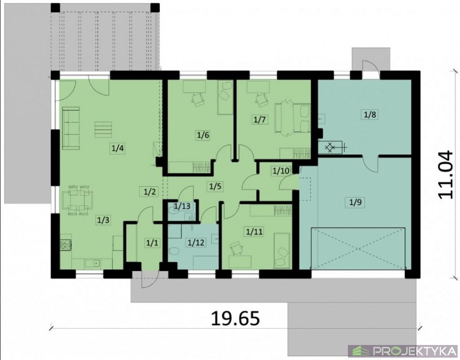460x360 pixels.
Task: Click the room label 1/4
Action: (117, 148)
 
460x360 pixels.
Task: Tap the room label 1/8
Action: (370, 114)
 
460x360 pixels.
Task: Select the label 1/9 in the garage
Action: (355, 202)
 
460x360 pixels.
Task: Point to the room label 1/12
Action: (196, 242)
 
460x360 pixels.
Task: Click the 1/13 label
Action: (182, 206)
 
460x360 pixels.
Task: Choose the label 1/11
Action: (254, 232)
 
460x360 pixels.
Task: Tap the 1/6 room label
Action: (203, 135)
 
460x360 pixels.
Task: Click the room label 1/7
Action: (260, 120)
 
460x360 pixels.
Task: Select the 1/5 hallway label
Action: (215, 186)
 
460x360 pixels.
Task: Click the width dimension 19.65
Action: (235, 318)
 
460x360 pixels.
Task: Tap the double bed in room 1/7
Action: (293, 118)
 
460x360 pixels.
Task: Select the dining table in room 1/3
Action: (77, 200)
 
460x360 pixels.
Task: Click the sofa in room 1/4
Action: (71, 128)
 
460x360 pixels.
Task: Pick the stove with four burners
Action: (66, 245)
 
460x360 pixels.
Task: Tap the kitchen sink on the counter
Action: (92, 263)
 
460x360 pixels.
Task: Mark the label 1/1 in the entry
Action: (152, 243)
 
